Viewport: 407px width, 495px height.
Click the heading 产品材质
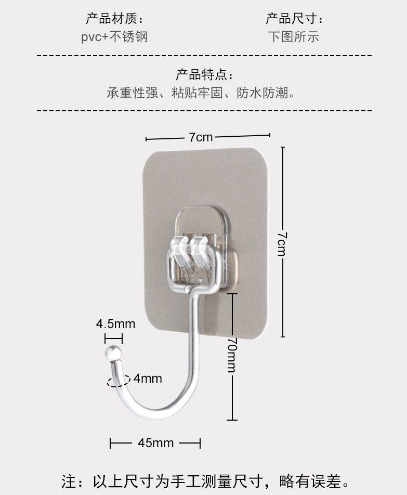(112, 20)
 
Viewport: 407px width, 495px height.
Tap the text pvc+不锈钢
(114, 37)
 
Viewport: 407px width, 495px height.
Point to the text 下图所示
(294, 37)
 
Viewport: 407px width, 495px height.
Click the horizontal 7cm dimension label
(201, 137)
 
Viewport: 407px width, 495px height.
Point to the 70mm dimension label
(232, 355)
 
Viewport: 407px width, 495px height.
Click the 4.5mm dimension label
(115, 324)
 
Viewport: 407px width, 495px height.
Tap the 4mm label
(148, 378)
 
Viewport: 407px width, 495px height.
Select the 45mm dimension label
(155, 443)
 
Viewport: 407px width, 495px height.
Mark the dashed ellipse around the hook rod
(117, 381)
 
